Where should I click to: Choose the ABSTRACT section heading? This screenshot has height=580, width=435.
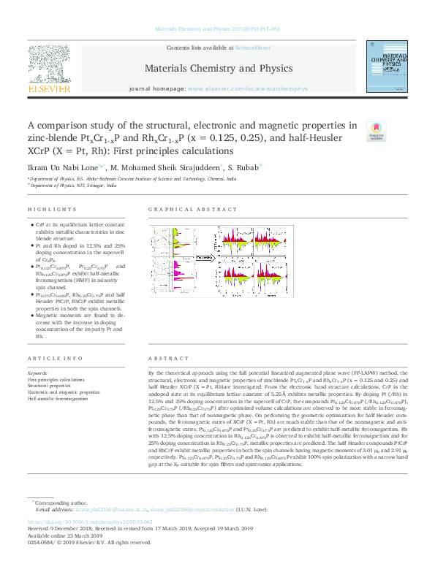(x=163, y=359)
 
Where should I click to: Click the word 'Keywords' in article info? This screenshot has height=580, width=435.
(x=37, y=374)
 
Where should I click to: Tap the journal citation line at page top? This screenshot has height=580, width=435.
(x=217, y=29)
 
